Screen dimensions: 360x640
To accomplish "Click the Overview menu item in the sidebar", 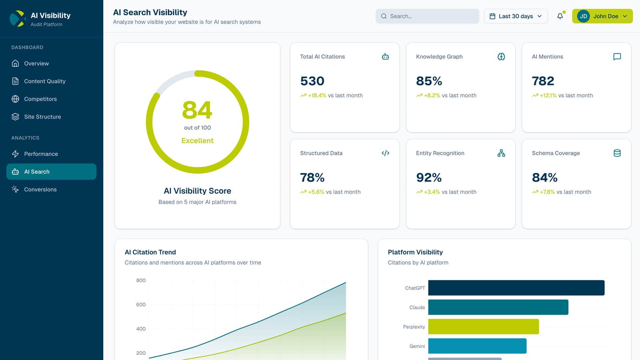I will click(36, 63).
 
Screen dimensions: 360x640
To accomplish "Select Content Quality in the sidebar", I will click(44, 81).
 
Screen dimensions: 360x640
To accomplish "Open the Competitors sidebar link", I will click(40, 99).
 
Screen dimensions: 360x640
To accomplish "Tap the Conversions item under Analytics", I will click(40, 189).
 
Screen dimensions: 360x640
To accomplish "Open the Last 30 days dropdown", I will click(516, 16).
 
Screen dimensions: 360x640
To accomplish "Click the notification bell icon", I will click(560, 16).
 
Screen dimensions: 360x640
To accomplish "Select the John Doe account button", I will click(602, 16).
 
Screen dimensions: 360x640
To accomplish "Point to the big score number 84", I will click(197, 110).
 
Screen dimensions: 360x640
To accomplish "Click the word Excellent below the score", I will click(197, 141).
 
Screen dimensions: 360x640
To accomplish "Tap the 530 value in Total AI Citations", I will click(312, 81).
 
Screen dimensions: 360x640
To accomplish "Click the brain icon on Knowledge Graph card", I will click(501, 57).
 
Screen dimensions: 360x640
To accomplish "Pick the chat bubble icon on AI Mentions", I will click(617, 57).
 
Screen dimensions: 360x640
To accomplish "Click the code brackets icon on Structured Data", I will click(385, 153).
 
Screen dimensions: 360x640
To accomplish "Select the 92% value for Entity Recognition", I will click(429, 178).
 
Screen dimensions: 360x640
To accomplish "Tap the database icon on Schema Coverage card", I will click(617, 153).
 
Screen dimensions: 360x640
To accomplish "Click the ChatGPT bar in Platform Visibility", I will click(516, 288).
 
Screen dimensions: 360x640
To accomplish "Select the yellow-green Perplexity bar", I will click(483, 327).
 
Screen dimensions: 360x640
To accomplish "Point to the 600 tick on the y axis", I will click(141, 305).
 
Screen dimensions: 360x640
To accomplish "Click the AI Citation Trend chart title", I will click(150, 252).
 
